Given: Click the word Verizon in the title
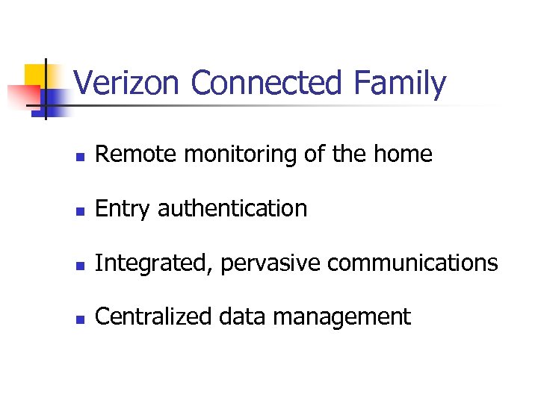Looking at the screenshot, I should (x=127, y=84).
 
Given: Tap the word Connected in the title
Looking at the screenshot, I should (x=265, y=84).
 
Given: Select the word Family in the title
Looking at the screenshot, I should (x=400, y=84).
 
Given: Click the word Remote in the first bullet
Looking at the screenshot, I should (x=137, y=154).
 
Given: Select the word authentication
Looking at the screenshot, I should (x=232, y=209).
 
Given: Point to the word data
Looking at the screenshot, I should (x=243, y=317).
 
